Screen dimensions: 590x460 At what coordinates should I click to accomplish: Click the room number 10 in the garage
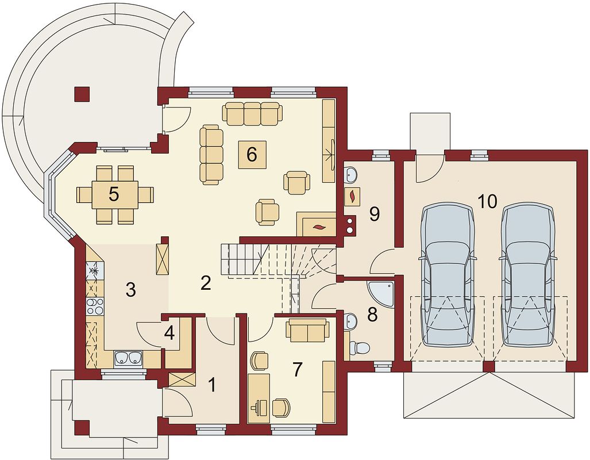click(x=488, y=202)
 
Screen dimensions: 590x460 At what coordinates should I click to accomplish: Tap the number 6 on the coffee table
click(x=252, y=154)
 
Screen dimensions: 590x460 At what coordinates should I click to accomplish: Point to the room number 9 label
click(x=374, y=214)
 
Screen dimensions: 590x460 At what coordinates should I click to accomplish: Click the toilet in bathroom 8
click(x=357, y=347)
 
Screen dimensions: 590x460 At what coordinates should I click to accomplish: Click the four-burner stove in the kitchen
click(x=95, y=305)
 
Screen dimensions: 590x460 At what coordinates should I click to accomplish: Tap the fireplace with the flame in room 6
click(x=317, y=224)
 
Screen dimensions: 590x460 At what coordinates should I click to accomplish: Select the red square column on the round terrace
click(x=82, y=94)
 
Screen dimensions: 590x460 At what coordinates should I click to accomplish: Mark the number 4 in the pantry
click(x=169, y=333)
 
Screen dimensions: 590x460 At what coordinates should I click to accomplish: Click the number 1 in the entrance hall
click(x=213, y=385)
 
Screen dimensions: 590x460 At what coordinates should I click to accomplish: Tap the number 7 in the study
click(x=297, y=370)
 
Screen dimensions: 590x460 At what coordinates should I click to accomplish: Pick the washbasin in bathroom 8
click(x=350, y=321)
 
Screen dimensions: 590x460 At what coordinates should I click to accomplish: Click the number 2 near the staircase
click(x=206, y=283)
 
